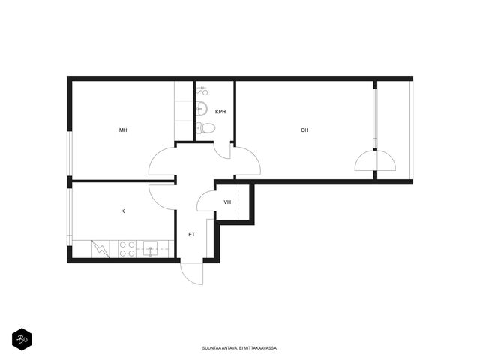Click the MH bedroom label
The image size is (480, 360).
point(123,130)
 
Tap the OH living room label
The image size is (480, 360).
point(304,130)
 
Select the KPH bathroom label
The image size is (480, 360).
point(220,112)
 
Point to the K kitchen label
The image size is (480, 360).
point(123,211)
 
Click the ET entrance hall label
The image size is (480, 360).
point(192,235)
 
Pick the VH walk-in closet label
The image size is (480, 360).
point(227,202)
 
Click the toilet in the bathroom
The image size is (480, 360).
point(205,128)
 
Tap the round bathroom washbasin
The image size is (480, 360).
point(202,108)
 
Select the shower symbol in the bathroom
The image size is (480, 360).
point(202,91)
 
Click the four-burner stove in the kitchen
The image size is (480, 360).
point(127,249)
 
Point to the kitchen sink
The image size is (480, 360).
point(150,249)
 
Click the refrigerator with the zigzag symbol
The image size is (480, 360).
point(100,249)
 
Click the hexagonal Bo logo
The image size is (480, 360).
point(22,339)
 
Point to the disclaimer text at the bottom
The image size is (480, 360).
point(240,348)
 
